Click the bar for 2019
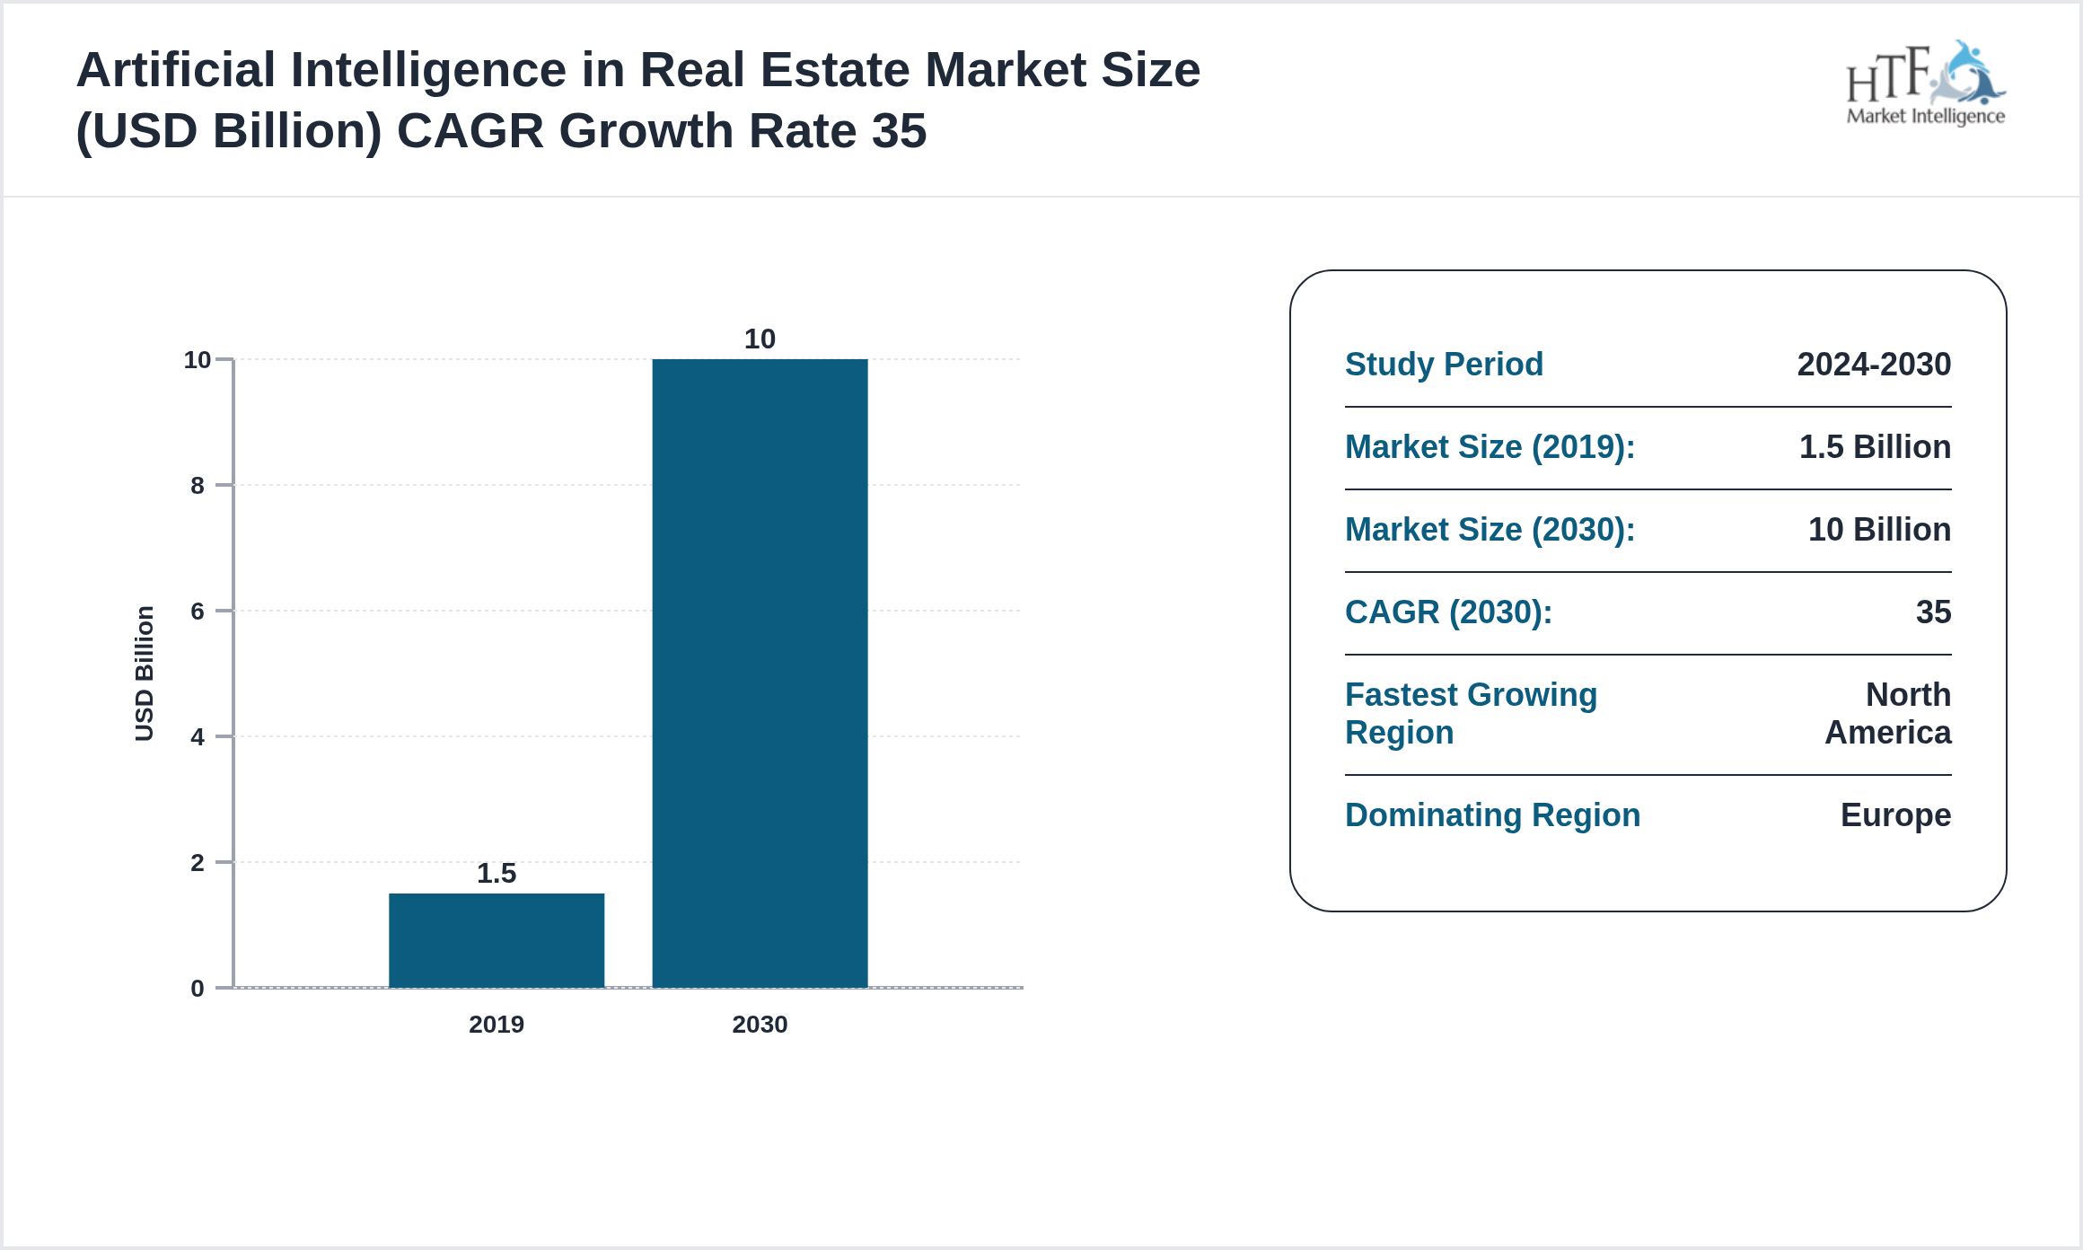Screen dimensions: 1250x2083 [x=497, y=939]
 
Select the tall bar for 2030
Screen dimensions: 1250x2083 [x=760, y=673]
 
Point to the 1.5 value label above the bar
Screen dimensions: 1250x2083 [x=497, y=873]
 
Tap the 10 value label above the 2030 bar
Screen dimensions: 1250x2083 [x=760, y=339]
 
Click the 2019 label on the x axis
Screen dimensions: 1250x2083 [x=497, y=1024]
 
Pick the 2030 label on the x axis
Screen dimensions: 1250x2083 [x=760, y=1024]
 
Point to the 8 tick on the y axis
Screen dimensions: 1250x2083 [x=198, y=486]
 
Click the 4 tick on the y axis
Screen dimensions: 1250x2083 [x=198, y=737]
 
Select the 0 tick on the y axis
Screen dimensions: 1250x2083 [x=198, y=989]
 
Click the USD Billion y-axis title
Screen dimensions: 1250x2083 [x=145, y=673]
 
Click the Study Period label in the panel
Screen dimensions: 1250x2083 [x=1444, y=365]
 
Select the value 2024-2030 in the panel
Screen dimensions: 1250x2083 [x=1874, y=365]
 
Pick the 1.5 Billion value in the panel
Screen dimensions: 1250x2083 [x=1875, y=447]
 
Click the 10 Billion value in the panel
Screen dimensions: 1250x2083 [x=1879, y=530]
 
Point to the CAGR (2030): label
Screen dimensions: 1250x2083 [x=1448, y=612]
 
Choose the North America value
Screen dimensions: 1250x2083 [x=1888, y=714]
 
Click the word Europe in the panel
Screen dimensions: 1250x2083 [x=1895, y=815]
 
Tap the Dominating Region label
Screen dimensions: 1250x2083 [x=1492, y=815]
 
